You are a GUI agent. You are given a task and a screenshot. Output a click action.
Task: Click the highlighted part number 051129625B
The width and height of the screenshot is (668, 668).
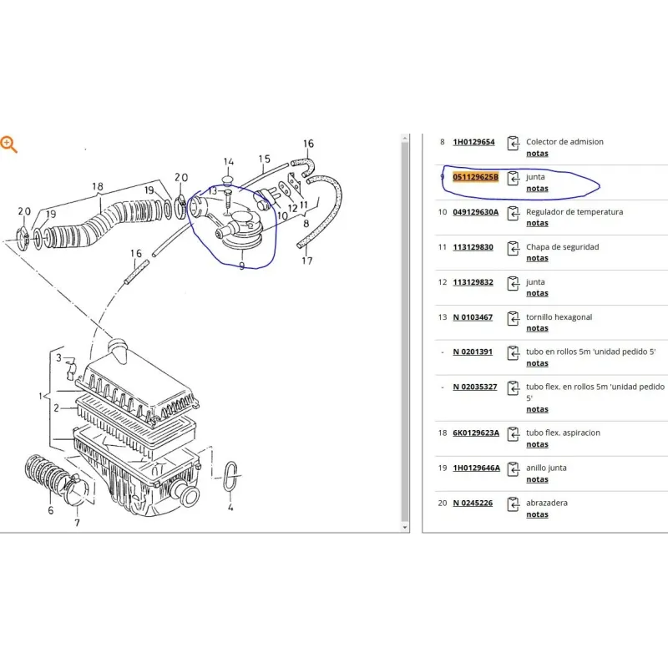coord(475,177)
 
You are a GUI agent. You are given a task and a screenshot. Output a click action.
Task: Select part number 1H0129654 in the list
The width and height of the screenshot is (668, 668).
coord(473,142)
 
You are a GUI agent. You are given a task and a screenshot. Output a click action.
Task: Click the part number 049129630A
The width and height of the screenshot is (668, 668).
coord(475,212)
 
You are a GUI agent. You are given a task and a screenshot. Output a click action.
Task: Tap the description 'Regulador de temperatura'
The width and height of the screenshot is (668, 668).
coord(574,212)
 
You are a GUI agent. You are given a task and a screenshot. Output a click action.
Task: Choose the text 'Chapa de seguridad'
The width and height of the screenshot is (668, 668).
coord(562,247)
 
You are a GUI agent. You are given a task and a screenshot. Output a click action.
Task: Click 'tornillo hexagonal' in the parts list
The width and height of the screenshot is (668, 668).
coord(559,317)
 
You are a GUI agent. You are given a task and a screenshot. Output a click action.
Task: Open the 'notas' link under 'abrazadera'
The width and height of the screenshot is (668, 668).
coord(537,514)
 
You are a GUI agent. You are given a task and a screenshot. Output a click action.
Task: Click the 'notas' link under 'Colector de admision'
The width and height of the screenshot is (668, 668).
coord(537,154)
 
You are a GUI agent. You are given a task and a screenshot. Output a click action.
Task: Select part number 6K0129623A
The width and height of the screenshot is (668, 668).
coord(476,433)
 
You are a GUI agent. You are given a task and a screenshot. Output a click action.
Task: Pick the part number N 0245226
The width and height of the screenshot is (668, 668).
coord(473,503)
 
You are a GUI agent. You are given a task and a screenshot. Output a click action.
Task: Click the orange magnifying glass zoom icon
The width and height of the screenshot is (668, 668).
coord(8,144)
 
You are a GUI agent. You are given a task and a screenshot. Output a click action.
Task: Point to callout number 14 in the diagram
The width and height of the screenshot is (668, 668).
coord(228,162)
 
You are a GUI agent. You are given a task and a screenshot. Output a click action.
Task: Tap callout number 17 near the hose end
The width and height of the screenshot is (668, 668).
coord(307,261)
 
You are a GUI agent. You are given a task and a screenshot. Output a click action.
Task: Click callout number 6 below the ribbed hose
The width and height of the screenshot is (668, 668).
coord(51,510)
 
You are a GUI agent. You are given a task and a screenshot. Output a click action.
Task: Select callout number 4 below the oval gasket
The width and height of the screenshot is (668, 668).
coord(230,507)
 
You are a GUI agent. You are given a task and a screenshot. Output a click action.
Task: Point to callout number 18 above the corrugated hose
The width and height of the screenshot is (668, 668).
coord(98,186)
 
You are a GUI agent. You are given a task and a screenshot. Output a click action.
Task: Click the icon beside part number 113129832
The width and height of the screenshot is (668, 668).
coord(514,283)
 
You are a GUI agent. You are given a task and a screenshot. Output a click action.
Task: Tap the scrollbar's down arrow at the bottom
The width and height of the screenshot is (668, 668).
coord(405,528)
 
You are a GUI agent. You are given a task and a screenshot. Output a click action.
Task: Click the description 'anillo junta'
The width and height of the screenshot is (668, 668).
coord(546,468)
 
